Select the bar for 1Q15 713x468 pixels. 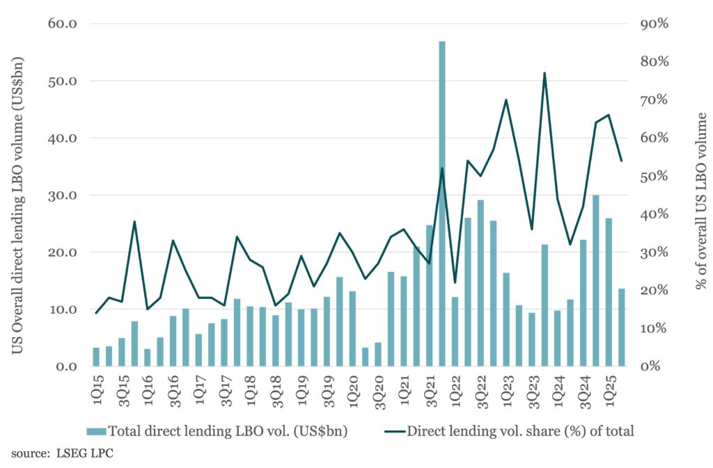(x=96, y=357)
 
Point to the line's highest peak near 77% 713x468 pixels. (x=544, y=73)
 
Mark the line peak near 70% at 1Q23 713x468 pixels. (x=506, y=100)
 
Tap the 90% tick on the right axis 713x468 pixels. (x=654, y=24)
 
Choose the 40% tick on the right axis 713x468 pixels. (x=654, y=214)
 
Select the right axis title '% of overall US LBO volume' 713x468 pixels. (x=700, y=201)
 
